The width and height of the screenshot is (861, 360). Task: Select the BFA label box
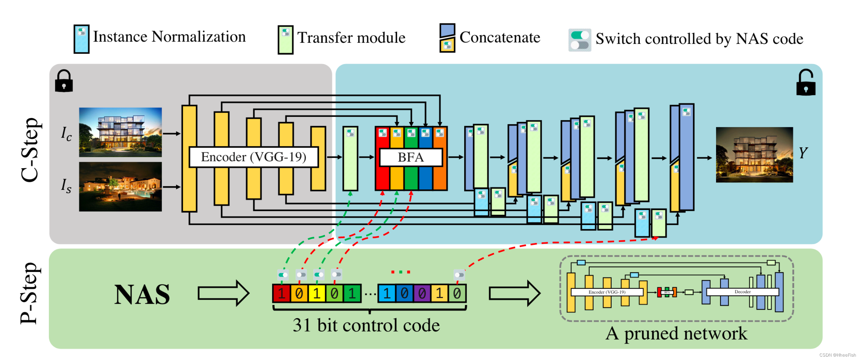pyautogui.click(x=411, y=157)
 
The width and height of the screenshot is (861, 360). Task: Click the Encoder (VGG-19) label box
pyautogui.click(x=254, y=157)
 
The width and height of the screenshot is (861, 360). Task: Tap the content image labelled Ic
pyautogui.click(x=120, y=132)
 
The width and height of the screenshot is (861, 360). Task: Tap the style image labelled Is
pyautogui.click(x=120, y=186)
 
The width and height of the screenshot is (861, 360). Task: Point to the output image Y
pyautogui.click(x=754, y=155)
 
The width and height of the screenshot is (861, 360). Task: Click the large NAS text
pyautogui.click(x=142, y=295)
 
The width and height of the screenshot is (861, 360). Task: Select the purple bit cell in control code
pyautogui.click(x=422, y=294)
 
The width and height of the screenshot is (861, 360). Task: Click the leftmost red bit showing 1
pyautogui.click(x=281, y=294)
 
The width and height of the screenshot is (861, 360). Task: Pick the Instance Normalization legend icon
pyautogui.click(x=82, y=39)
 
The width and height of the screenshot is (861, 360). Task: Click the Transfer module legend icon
pyautogui.click(x=285, y=40)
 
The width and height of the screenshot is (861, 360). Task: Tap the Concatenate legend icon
pyautogui.click(x=447, y=38)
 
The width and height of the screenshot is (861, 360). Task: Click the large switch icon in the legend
pyautogui.click(x=580, y=40)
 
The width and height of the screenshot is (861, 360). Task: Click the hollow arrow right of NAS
pyautogui.click(x=223, y=293)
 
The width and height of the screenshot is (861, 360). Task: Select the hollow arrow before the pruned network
pyautogui.click(x=514, y=293)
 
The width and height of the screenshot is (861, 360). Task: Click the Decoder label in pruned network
pyautogui.click(x=742, y=292)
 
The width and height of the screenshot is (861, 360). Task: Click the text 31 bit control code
pyautogui.click(x=366, y=325)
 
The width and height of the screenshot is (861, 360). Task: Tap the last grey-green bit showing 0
pyautogui.click(x=457, y=294)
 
